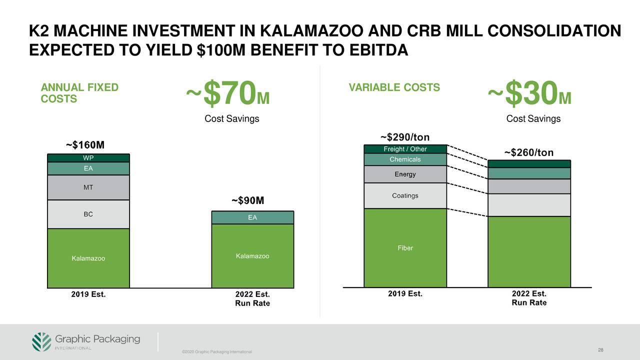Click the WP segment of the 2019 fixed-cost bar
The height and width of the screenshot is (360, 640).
88,157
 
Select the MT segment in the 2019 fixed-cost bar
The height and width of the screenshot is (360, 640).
88,187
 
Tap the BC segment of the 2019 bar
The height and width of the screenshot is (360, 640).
88,214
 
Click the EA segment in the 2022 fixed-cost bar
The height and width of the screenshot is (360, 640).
252,217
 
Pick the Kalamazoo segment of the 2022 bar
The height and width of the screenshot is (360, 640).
252,256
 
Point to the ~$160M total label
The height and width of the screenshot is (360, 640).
85,145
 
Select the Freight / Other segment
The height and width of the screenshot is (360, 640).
405,149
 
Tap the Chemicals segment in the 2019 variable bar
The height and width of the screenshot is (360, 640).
405,159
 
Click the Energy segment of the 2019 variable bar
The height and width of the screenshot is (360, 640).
405,174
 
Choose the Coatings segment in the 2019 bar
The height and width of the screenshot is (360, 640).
405,195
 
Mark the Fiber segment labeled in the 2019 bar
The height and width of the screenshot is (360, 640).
405,248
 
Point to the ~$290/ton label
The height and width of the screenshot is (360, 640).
404,137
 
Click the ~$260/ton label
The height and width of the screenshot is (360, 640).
528,152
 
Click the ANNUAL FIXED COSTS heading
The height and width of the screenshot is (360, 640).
79,93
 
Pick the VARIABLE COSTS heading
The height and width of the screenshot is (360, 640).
394,87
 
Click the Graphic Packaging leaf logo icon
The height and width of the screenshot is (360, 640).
41,341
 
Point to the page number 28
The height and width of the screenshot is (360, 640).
601,349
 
